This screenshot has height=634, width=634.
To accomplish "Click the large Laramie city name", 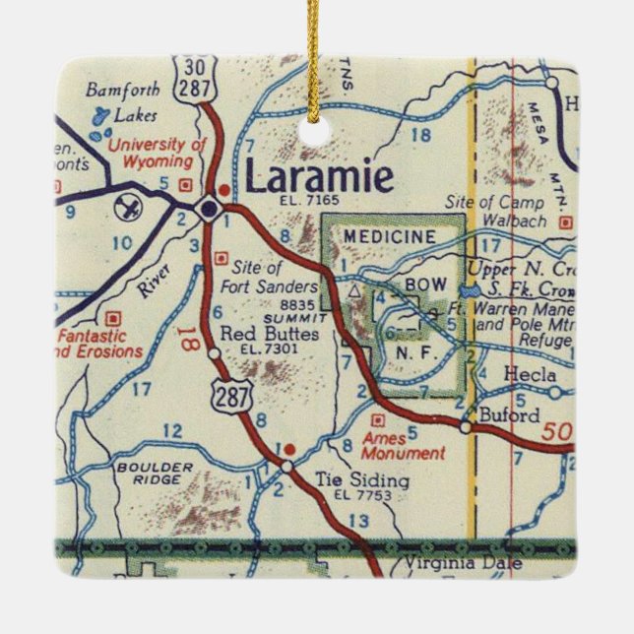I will [319, 178].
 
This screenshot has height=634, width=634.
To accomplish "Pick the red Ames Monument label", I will [403, 446].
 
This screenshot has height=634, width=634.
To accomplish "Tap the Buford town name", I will [509, 415].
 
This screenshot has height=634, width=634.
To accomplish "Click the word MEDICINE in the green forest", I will [390, 236].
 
